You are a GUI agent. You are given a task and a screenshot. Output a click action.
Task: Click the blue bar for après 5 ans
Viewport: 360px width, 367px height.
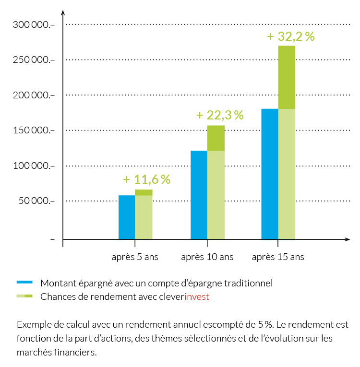(x=127, y=217)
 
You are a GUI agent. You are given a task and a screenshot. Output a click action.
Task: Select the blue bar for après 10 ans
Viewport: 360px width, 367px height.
(x=199, y=195)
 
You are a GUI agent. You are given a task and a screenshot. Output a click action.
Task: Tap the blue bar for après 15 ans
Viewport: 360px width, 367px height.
(x=270, y=174)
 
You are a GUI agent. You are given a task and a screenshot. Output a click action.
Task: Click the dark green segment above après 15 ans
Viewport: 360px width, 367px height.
(x=287, y=77)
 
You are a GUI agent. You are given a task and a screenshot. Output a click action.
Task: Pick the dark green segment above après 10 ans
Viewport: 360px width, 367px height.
(x=216, y=138)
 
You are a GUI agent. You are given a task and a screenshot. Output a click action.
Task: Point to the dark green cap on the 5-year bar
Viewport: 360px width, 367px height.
(x=144, y=192)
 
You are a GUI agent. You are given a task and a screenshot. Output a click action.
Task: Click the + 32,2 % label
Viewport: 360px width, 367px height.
(x=291, y=36)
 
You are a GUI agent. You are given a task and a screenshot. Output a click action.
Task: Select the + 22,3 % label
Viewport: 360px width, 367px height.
(x=220, y=115)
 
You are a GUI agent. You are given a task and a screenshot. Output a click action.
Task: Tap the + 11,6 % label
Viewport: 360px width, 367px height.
(x=147, y=179)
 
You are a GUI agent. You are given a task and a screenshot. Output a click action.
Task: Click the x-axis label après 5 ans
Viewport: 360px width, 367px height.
(x=135, y=257)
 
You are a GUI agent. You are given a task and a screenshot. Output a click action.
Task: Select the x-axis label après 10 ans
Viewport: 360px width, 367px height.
(x=207, y=257)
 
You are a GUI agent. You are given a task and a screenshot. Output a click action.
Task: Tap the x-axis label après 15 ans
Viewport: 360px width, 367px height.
(x=278, y=257)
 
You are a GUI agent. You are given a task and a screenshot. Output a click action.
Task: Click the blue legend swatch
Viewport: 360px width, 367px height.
(x=24, y=283)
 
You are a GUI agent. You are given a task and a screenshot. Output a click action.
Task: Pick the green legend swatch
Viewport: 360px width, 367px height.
(x=24, y=296)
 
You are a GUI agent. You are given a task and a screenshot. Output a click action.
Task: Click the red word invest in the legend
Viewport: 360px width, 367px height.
(x=197, y=296)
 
